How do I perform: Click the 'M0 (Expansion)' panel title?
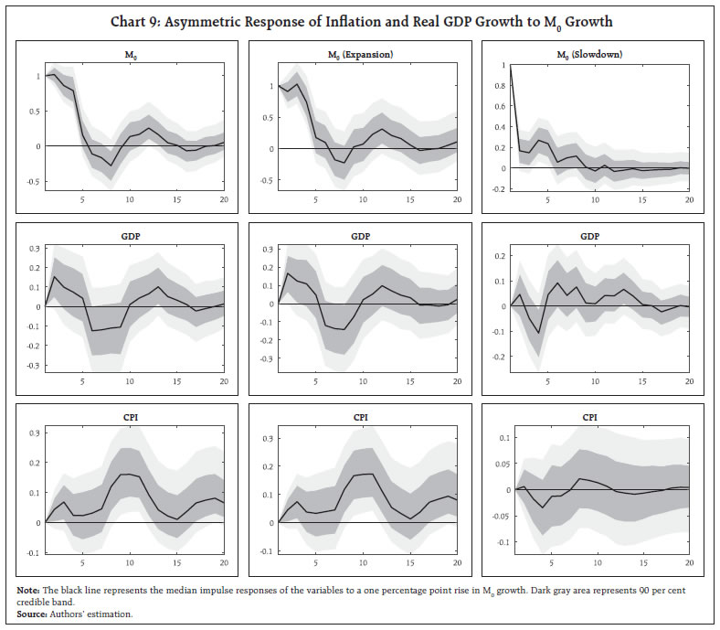coord(361,55)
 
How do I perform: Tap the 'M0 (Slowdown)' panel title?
coord(592,55)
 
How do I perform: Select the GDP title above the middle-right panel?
coord(591,235)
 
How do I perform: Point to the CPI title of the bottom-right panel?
coord(591,417)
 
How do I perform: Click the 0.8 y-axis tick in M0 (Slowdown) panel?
coord(498,91)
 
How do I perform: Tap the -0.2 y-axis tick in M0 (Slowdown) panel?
coord(496,188)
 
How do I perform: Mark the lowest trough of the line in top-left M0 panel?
coord(111,166)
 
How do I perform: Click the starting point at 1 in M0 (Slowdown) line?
coord(509,66)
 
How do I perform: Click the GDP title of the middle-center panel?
coord(361,235)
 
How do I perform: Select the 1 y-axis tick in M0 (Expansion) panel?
coord(269,86)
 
